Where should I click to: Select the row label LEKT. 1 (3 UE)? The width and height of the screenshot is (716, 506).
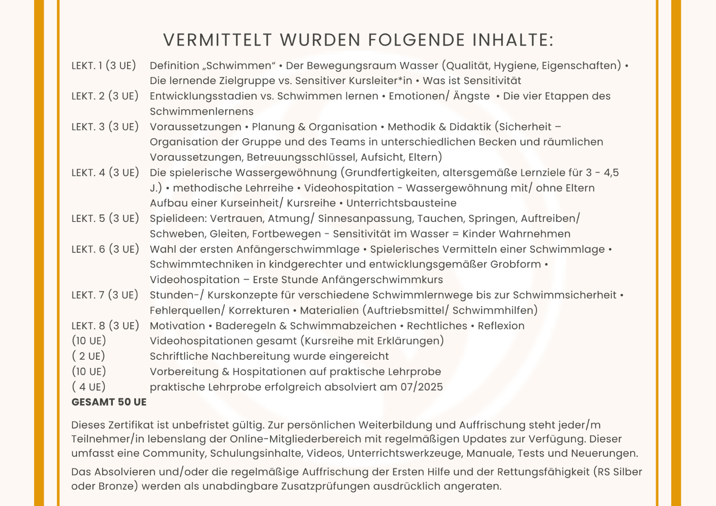pos(104,66)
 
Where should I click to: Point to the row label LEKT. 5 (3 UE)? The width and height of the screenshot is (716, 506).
pos(105,218)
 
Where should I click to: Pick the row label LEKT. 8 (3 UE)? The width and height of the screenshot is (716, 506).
pos(105,326)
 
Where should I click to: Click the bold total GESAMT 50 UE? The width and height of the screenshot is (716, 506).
pos(109,402)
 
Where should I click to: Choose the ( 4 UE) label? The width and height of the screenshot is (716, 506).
pos(89,387)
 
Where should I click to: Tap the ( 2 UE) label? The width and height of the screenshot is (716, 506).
pos(89,356)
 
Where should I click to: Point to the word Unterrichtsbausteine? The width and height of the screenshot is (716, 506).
pos(401,203)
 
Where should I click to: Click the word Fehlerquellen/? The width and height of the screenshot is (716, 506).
pos(187,310)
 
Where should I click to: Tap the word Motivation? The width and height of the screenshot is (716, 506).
pos(177,326)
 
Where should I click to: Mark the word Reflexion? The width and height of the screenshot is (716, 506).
pos(501,326)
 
